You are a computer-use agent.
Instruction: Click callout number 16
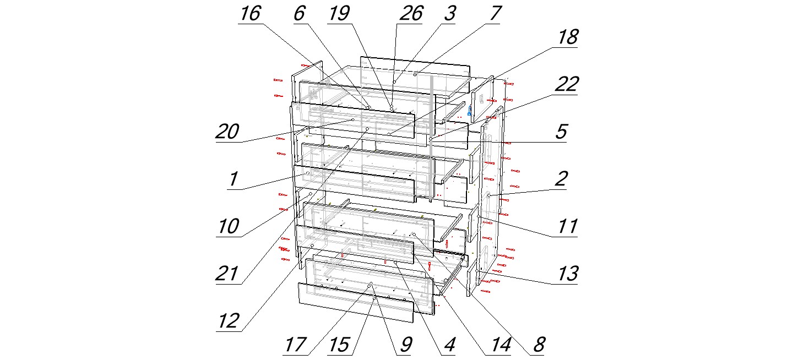click(x=251, y=14)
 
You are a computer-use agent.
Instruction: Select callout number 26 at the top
click(x=411, y=14)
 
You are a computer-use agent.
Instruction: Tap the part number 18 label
click(x=568, y=37)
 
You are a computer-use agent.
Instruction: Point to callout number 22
click(x=567, y=85)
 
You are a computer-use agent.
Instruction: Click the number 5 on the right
click(x=562, y=132)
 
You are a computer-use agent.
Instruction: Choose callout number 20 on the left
click(x=227, y=132)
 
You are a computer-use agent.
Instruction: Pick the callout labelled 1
click(x=233, y=179)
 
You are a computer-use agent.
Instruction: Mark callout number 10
click(x=229, y=226)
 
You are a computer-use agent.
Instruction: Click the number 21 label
click(x=226, y=274)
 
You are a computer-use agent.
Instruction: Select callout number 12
click(x=229, y=321)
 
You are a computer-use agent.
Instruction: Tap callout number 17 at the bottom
click(x=296, y=345)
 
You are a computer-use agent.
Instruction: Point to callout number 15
click(x=339, y=345)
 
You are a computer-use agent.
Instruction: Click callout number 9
click(x=406, y=345)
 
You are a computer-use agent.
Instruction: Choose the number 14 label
click(x=501, y=345)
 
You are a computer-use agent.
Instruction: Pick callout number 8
click(x=539, y=345)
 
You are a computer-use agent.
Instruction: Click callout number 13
click(x=568, y=274)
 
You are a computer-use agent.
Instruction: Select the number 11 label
click(x=568, y=226)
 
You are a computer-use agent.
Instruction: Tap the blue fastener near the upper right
click(x=469, y=111)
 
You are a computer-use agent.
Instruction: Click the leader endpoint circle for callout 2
click(x=488, y=195)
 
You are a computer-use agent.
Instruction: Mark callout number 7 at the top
click(x=495, y=14)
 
